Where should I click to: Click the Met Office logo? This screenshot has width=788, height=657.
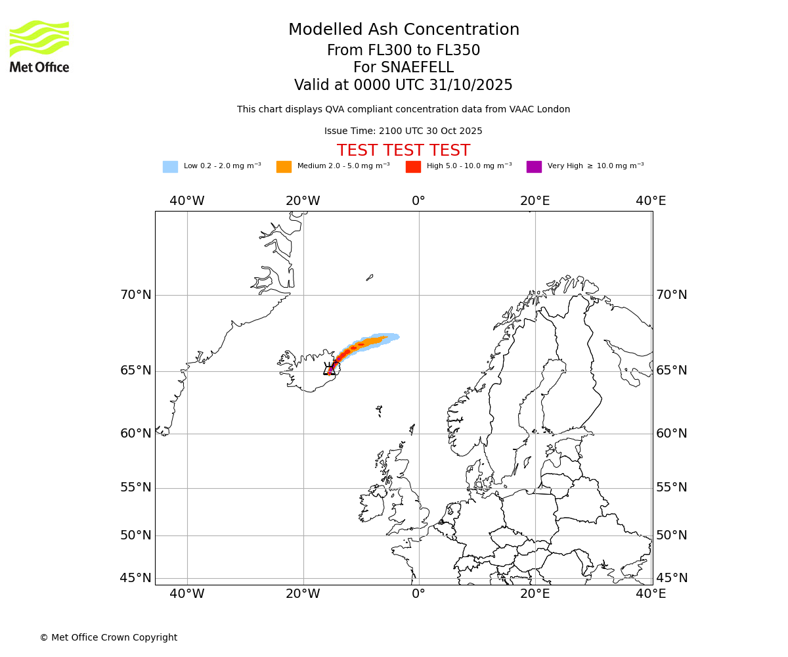39,46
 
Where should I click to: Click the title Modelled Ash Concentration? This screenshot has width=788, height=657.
403,30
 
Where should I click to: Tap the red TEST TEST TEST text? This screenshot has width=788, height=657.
403,151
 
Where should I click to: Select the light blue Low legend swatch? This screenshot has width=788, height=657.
170,167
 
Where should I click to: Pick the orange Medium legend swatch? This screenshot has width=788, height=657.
284,167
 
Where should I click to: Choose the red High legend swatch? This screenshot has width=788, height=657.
413,167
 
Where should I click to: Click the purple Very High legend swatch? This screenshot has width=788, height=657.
534,167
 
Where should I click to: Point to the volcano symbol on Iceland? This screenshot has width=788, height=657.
330,369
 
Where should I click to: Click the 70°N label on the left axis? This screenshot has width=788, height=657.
135,295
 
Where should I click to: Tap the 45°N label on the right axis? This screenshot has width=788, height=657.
672,578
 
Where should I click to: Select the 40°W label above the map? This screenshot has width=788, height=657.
186,201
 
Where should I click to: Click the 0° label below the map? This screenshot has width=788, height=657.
419,595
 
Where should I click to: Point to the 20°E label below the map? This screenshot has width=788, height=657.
535,595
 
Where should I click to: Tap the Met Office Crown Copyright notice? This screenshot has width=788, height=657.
108,638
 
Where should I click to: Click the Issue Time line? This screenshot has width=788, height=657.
403,131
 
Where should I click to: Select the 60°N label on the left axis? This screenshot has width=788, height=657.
135,434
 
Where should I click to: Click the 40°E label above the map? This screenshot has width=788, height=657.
651,201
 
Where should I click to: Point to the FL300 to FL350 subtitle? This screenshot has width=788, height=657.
403,51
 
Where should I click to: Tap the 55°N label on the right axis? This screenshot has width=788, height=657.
672,487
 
